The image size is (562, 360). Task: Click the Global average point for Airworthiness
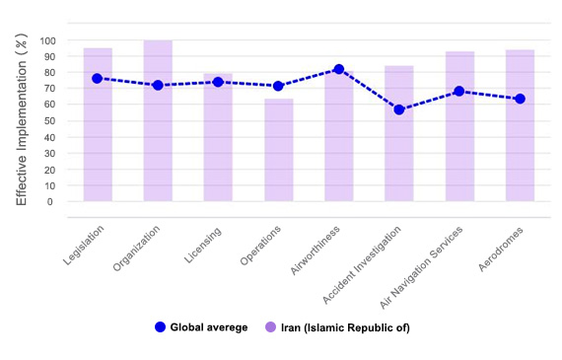[339, 69]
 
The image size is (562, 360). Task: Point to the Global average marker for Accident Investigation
[399, 109]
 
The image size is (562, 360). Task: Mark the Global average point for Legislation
[98, 78]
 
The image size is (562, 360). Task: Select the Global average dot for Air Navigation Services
[459, 92]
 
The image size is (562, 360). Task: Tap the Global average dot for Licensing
[218, 82]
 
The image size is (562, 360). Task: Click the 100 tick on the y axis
[48, 41]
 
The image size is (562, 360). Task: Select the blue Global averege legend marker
[160, 326]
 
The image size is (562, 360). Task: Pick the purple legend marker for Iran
[271, 326]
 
